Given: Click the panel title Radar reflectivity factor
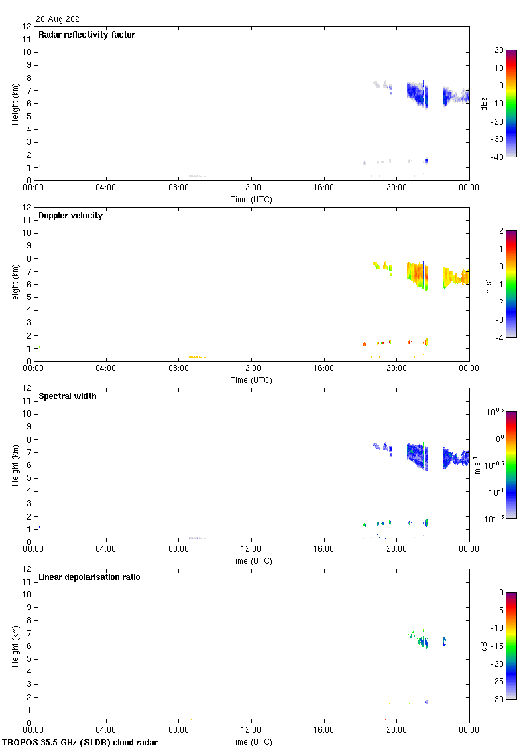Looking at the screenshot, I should (87, 35).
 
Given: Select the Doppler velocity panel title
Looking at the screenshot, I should (70, 216).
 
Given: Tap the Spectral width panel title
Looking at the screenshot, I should (67, 396).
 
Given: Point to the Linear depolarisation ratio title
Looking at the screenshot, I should (89, 577).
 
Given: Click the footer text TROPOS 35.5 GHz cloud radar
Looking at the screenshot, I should (80, 743).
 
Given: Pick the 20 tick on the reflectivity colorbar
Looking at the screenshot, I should (499, 50).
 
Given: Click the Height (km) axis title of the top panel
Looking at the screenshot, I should (15, 103).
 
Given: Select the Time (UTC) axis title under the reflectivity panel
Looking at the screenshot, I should (251, 199).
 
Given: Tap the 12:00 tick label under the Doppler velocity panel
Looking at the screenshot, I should (251, 368).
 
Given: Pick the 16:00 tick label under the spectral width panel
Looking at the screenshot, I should (324, 549).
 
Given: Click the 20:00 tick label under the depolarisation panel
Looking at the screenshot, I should (396, 730).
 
